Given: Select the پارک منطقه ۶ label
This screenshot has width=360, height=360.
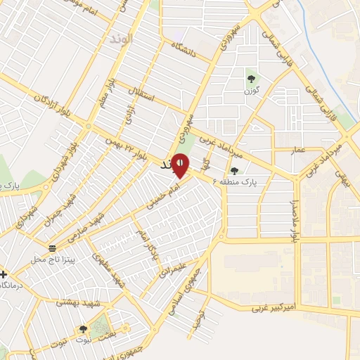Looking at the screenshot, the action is pos(254,181).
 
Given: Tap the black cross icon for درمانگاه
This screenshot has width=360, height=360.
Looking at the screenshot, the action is pos(4,274).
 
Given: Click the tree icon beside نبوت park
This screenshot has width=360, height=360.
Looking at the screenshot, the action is pos(83,329).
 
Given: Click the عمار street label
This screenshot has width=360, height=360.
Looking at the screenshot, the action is pos(298,149).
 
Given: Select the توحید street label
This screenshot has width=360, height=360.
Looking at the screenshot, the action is pos(201,307).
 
